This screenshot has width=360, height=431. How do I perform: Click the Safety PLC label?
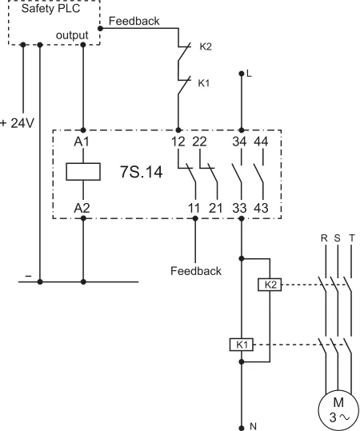coord(50,9)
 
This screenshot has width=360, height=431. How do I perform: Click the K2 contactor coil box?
coord(270,285)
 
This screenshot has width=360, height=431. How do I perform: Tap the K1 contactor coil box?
coord(241,345)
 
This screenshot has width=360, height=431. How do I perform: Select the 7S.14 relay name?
coord(141,172)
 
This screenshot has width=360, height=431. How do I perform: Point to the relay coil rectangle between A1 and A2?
coord(83,172)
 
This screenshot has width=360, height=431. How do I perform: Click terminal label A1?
coord(82,142)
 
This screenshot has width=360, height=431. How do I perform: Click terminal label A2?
coord(82,208)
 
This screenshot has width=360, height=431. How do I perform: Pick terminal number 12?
coord(178,142)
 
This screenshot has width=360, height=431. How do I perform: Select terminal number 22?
coord(199,142)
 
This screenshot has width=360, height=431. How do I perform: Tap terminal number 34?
coord(239,142)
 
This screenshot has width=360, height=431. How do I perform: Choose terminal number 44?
coord(261,142)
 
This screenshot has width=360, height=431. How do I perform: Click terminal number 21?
coord(215,208)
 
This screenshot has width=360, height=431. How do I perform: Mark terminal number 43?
coord(261,208)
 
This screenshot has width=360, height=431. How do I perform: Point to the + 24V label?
coord(17,123)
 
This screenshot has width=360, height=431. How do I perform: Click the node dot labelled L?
coord(242,74)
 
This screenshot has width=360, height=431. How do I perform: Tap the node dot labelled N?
coord(242,428)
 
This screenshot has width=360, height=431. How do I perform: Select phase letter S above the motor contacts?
coord(337,238)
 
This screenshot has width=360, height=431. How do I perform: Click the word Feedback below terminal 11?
coord(196,271)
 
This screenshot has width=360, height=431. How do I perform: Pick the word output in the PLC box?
coord(72,35)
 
